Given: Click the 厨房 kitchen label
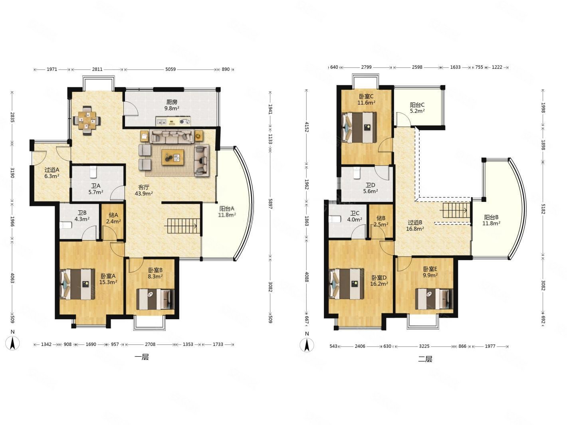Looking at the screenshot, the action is pyautogui.click(x=172, y=102).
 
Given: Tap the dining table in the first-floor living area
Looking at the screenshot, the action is pyautogui.click(x=87, y=120).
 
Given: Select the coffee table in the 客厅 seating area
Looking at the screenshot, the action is pyautogui.click(x=173, y=157).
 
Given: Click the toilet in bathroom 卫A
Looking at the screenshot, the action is pyautogui.click(x=93, y=172).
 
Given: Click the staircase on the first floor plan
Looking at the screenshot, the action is pyautogui.click(x=183, y=226).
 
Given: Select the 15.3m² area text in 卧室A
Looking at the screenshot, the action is pyautogui.click(x=108, y=282).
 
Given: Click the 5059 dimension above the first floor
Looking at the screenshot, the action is pyautogui.click(x=170, y=69).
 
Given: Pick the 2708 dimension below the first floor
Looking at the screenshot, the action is pyautogui.click(x=150, y=344).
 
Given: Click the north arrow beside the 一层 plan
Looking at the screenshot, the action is pyautogui.click(x=12, y=343).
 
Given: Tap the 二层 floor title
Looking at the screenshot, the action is pyautogui.click(x=425, y=359).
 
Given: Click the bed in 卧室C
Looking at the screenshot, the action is pyautogui.click(x=359, y=127).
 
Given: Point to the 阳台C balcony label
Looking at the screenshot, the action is pyautogui.click(x=417, y=105).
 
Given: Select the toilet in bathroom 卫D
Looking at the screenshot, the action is pyautogui.click(x=357, y=173).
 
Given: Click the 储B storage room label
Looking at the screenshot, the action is pyautogui.click(x=381, y=218).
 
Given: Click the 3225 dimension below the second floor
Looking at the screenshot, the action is pyautogui.click(x=424, y=346).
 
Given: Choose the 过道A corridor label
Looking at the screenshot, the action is pyautogui.click(x=52, y=170).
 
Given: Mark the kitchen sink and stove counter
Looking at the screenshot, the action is pyautogui.click(x=173, y=121).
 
